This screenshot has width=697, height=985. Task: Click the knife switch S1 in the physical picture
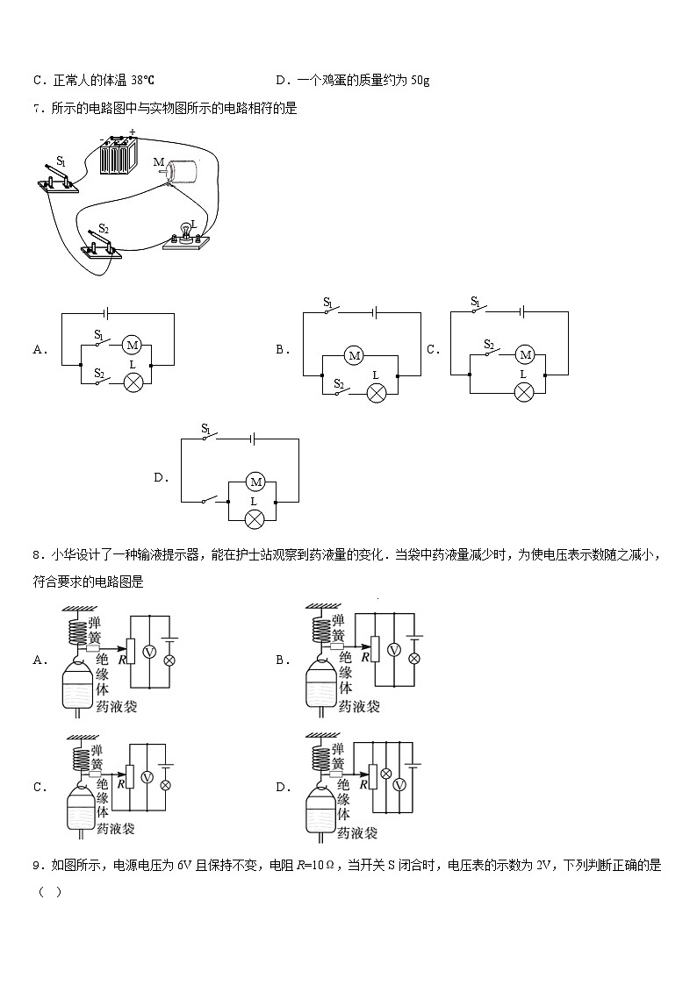[58, 177]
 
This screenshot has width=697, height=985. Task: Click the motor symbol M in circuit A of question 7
[132, 344]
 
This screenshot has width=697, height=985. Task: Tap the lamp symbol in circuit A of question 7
[133, 382]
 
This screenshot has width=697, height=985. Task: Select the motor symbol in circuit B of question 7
[355, 355]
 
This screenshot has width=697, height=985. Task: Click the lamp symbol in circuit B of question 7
[376, 393]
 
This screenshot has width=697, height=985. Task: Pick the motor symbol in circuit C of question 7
[526, 355]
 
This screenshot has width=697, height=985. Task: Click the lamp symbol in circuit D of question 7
[254, 519]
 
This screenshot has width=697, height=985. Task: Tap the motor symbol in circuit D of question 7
[255, 482]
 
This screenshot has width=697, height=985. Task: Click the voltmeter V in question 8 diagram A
[149, 653]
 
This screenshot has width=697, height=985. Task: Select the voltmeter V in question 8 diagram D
[399, 785]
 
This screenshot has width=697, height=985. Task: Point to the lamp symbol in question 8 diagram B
[414, 659]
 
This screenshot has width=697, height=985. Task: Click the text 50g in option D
[420, 81]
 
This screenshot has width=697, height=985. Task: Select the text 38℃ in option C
[142, 81]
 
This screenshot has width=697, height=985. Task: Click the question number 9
[39, 866]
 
